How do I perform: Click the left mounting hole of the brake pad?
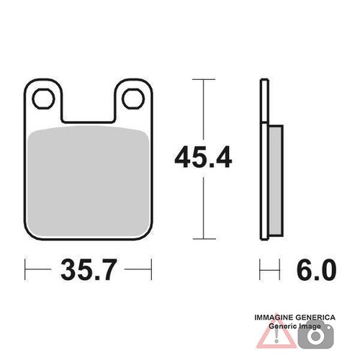[x=43, y=99]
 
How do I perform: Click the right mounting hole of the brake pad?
[x=133, y=99]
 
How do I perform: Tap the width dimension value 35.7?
[x=89, y=269]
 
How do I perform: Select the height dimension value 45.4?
[x=203, y=157]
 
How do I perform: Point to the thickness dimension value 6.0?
[x=316, y=269]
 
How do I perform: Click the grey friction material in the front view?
[x=88, y=181]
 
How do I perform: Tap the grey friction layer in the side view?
[x=276, y=181]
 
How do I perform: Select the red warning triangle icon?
[x=276, y=333]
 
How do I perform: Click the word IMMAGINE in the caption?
[x=274, y=318]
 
